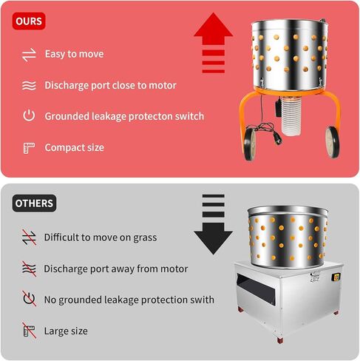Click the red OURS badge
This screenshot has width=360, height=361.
[29, 21]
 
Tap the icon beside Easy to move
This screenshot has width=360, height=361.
[29, 54]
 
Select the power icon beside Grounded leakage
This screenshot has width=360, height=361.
[29, 116]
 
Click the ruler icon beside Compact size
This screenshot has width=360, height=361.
[29, 147]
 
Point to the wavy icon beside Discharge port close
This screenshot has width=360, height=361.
[29, 85]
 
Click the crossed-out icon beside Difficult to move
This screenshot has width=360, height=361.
[29, 237]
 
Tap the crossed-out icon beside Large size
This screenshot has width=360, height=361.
[29, 331]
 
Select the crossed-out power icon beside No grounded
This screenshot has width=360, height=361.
[29, 300]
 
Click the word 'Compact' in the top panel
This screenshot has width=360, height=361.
[63, 147]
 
